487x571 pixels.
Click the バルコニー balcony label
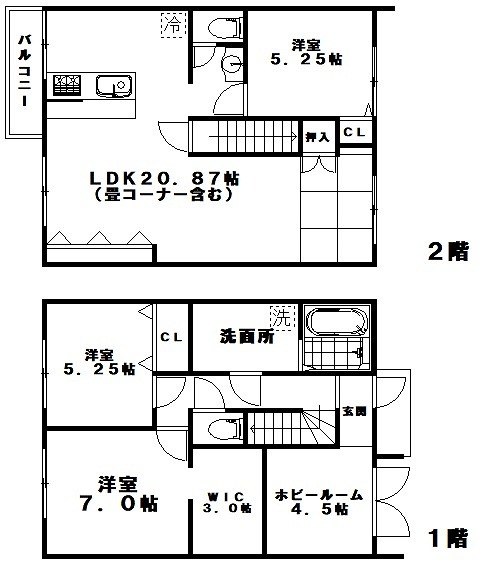point(21,74)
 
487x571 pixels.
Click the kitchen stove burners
point(68,86)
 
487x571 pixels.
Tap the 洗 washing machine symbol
point(283,318)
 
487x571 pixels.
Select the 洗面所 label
point(246,337)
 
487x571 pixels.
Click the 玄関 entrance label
point(355,410)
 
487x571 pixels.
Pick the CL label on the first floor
point(171,337)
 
